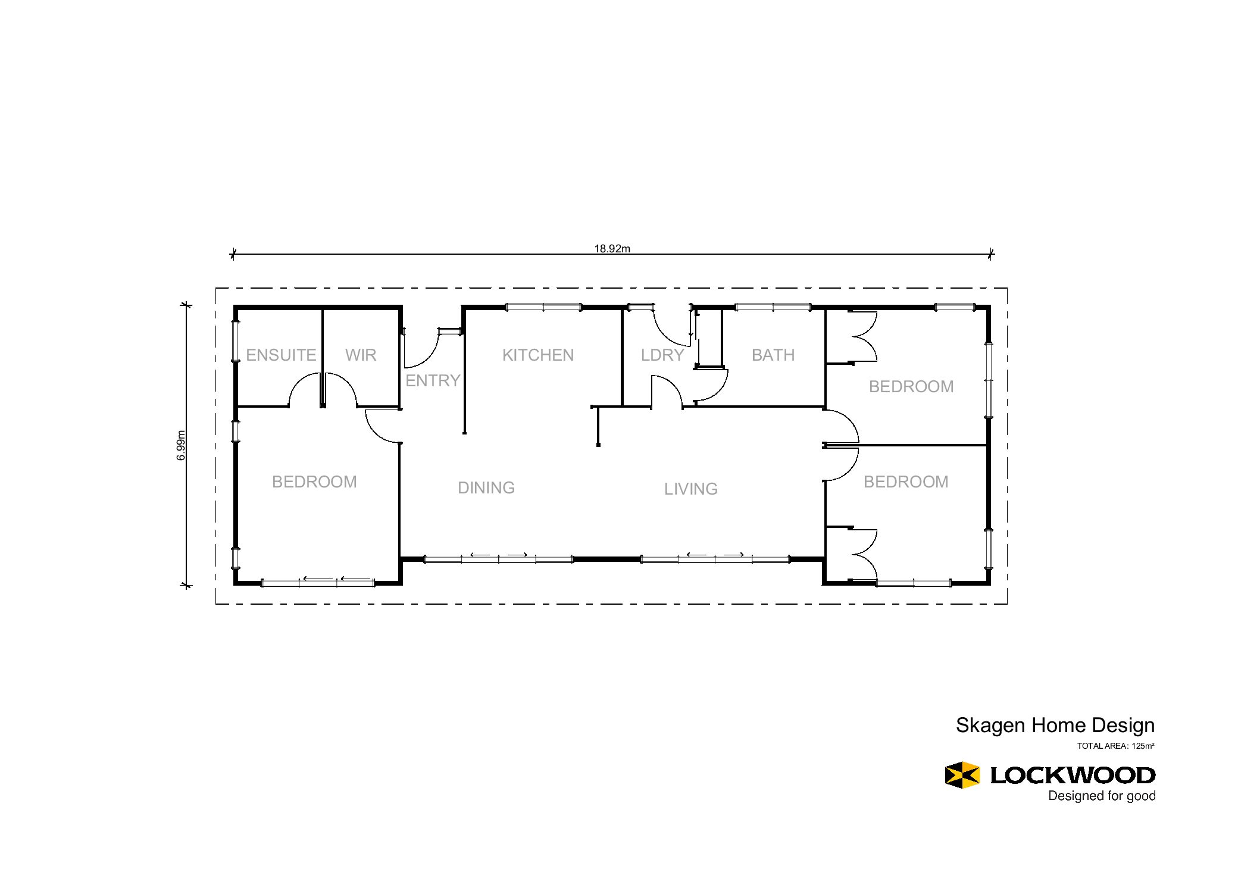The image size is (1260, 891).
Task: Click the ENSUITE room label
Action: point(281,355)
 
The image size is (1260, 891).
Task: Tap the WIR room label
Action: point(361,355)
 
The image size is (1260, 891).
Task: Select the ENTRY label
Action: point(433,381)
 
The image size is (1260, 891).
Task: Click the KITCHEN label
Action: point(538,355)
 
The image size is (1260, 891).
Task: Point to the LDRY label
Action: point(662,355)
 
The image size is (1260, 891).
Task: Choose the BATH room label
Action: point(773,355)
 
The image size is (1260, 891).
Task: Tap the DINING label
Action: point(486,488)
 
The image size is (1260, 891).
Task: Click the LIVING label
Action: point(691,489)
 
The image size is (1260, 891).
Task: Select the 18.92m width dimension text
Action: point(612,249)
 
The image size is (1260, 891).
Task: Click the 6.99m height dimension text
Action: point(181,445)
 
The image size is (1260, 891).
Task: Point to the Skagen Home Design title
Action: point(1055,726)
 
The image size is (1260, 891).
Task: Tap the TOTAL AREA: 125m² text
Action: point(1116,746)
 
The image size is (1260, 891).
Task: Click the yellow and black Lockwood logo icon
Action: point(962,775)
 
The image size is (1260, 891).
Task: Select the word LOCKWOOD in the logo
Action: point(1073,776)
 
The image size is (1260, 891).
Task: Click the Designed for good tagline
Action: point(1102,796)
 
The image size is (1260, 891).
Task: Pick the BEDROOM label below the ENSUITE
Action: point(314,482)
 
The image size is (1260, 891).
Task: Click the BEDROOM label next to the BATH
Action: point(911,387)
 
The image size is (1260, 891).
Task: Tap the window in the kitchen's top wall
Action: point(543,307)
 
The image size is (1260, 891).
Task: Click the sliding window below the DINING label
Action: point(498,559)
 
